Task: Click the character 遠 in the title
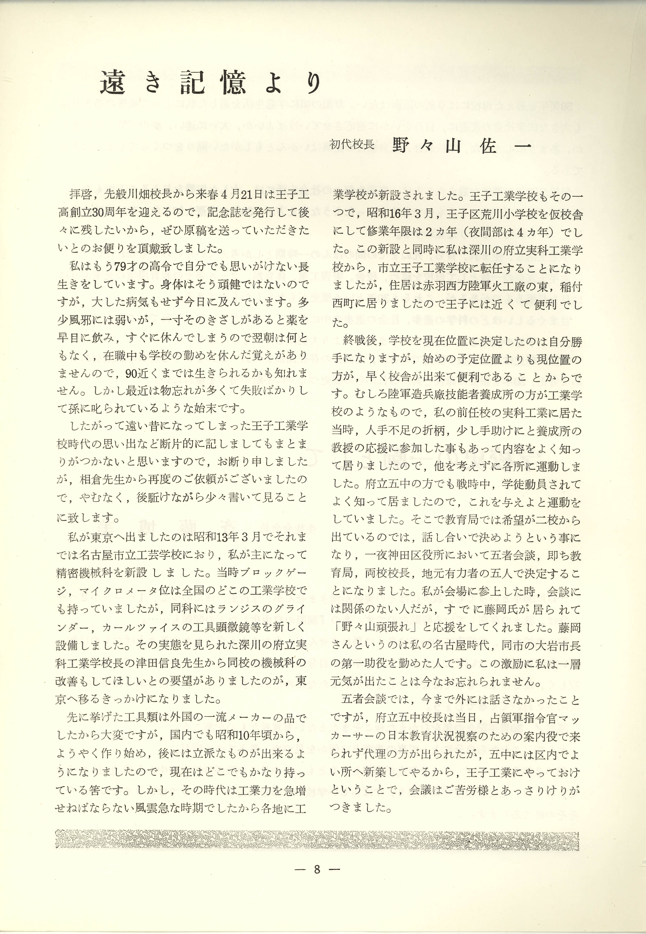click(x=112, y=83)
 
